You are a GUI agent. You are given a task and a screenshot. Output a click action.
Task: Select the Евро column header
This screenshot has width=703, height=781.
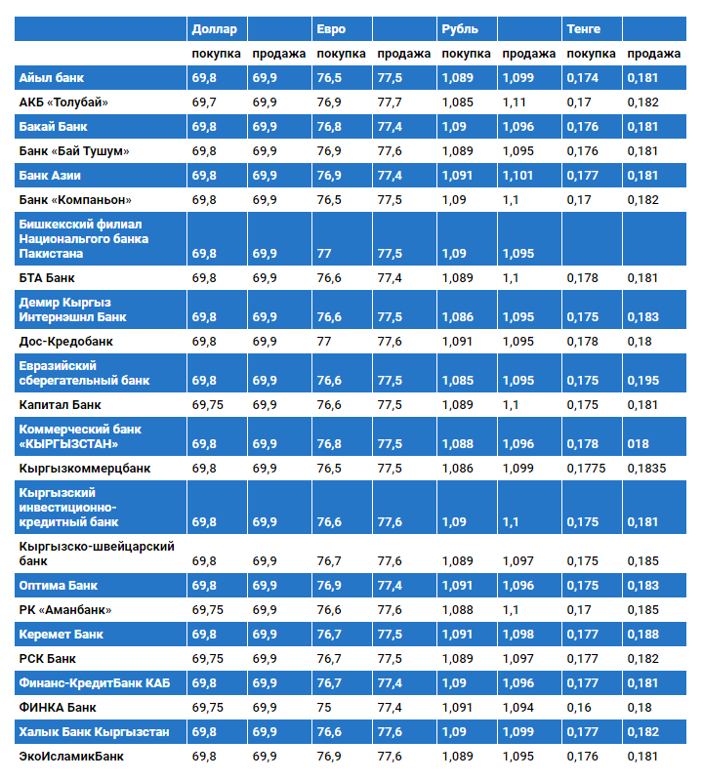(x=331, y=29)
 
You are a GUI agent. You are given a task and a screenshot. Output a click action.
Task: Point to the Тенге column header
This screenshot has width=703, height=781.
(x=584, y=29)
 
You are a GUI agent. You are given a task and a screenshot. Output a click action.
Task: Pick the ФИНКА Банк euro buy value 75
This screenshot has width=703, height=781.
(x=325, y=707)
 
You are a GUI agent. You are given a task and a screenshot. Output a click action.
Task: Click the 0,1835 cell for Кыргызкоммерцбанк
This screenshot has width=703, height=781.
(x=646, y=469)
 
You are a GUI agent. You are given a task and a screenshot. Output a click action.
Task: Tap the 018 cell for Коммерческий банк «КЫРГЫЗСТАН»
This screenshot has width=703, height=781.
(x=639, y=444)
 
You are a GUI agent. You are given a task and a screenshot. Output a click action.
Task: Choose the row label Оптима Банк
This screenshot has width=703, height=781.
(x=59, y=586)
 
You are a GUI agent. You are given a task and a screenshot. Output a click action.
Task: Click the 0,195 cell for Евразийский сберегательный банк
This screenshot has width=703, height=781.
(x=642, y=381)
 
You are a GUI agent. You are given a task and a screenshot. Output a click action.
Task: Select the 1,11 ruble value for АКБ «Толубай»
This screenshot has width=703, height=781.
(x=514, y=102)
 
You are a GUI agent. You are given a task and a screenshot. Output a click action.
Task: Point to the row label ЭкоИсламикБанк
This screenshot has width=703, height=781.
(x=71, y=756)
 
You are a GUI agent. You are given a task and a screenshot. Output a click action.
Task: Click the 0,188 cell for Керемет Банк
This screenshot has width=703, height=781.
(x=642, y=635)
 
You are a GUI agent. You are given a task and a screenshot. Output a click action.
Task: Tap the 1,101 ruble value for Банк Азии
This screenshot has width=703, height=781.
(x=518, y=176)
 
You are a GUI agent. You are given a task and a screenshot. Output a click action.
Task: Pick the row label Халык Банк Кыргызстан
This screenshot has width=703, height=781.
(x=95, y=731)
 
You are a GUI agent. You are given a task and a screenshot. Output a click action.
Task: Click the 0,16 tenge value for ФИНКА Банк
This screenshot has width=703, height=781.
(x=579, y=707)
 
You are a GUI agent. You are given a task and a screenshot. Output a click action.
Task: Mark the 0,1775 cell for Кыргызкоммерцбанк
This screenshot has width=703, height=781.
(x=586, y=469)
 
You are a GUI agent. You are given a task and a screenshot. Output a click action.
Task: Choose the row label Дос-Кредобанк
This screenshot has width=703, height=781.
(x=66, y=342)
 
